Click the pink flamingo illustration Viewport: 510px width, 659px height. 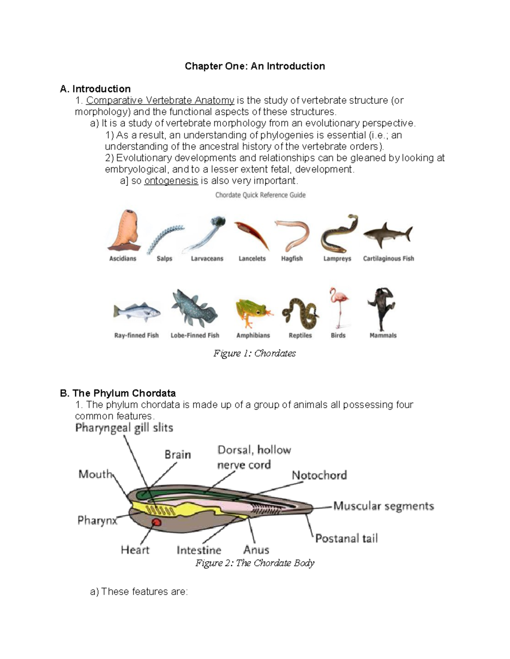[338, 306]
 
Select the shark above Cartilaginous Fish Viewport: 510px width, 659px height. [387, 235]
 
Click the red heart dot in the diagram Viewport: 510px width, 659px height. [156, 522]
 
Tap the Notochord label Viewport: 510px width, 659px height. [319, 475]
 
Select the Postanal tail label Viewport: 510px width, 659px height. [346, 538]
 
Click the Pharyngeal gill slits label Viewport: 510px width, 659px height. [124, 428]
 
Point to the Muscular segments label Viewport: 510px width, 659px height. [383, 506]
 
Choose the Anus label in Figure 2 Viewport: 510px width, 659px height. [256, 550]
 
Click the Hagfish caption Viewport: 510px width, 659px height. [292, 258]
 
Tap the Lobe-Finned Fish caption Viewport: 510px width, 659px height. [195, 335]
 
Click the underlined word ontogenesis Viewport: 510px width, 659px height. [171, 181]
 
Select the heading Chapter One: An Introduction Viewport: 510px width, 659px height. [255, 66]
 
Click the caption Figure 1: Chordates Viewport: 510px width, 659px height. [255, 353]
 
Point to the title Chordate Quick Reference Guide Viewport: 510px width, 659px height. [261, 195]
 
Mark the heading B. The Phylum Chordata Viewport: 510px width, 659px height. [118, 393]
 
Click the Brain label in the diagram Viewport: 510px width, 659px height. [178, 454]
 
